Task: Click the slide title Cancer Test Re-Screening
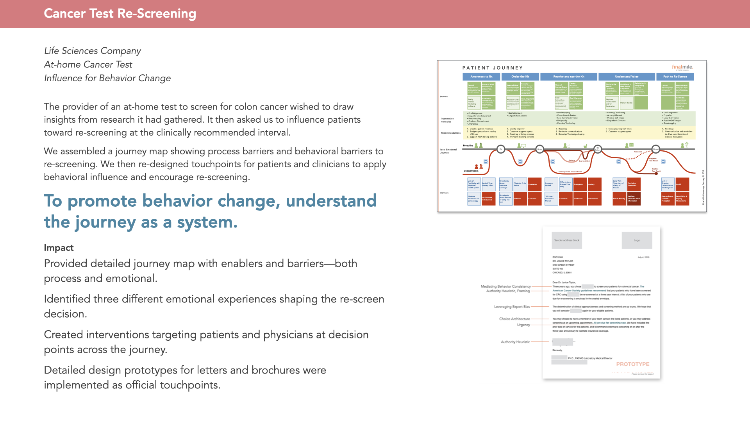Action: point(120,14)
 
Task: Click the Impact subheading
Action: point(59,248)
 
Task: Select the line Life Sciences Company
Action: point(93,51)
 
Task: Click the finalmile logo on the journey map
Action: point(682,67)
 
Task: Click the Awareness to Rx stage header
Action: point(481,77)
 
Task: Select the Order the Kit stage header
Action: point(520,77)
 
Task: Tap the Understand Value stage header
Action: point(627,77)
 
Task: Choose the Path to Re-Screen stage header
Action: point(675,77)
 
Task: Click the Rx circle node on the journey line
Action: point(501,149)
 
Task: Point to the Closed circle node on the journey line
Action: point(656,149)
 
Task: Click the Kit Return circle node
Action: point(597,149)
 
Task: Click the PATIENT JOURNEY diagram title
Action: point(492,68)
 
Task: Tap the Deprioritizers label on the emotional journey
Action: point(471,171)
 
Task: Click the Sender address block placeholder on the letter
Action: point(566,240)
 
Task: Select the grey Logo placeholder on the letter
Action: point(637,240)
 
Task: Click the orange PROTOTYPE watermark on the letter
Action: point(632,364)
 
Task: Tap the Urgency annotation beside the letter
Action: point(523,325)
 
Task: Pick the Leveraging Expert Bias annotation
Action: point(512,307)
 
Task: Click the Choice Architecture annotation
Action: point(514,319)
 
